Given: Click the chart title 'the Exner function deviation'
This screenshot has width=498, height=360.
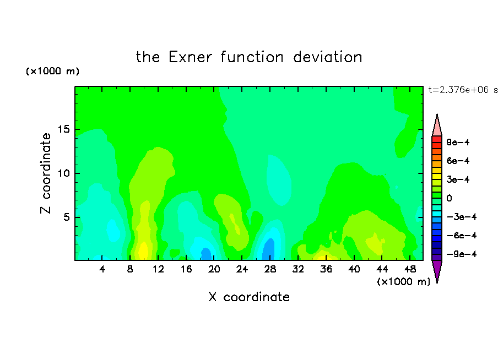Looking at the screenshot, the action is (249, 57).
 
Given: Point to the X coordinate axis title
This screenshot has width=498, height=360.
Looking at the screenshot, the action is (249, 297).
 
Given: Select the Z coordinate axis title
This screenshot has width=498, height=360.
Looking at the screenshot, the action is (46, 173).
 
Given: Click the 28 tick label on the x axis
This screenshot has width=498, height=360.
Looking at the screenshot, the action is (270, 269).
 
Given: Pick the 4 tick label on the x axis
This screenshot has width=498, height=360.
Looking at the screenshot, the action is (102, 269).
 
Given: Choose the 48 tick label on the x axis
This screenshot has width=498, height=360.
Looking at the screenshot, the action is (410, 269).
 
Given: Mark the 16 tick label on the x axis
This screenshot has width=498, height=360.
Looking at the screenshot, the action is (186, 269).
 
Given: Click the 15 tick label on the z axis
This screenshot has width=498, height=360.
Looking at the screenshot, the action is (63, 129).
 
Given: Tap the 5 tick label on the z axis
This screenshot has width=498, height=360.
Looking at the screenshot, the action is (66, 217).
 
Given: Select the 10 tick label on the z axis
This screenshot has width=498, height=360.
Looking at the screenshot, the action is (63, 173).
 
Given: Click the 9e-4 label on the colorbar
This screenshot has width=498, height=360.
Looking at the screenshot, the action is (458, 142).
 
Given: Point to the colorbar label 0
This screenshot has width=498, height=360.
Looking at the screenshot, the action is (449, 198).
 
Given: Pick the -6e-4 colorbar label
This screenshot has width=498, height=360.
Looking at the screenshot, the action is (462, 236).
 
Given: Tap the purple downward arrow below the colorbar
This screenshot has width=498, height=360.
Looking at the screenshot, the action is (437, 270).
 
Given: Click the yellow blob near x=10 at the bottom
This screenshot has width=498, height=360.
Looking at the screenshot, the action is (143, 251).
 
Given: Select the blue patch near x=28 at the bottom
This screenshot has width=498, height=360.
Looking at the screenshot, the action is (269, 249).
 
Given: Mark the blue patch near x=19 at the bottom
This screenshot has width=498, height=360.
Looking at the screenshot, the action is (206, 254).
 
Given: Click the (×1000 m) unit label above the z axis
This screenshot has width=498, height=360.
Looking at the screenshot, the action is (52, 71).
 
